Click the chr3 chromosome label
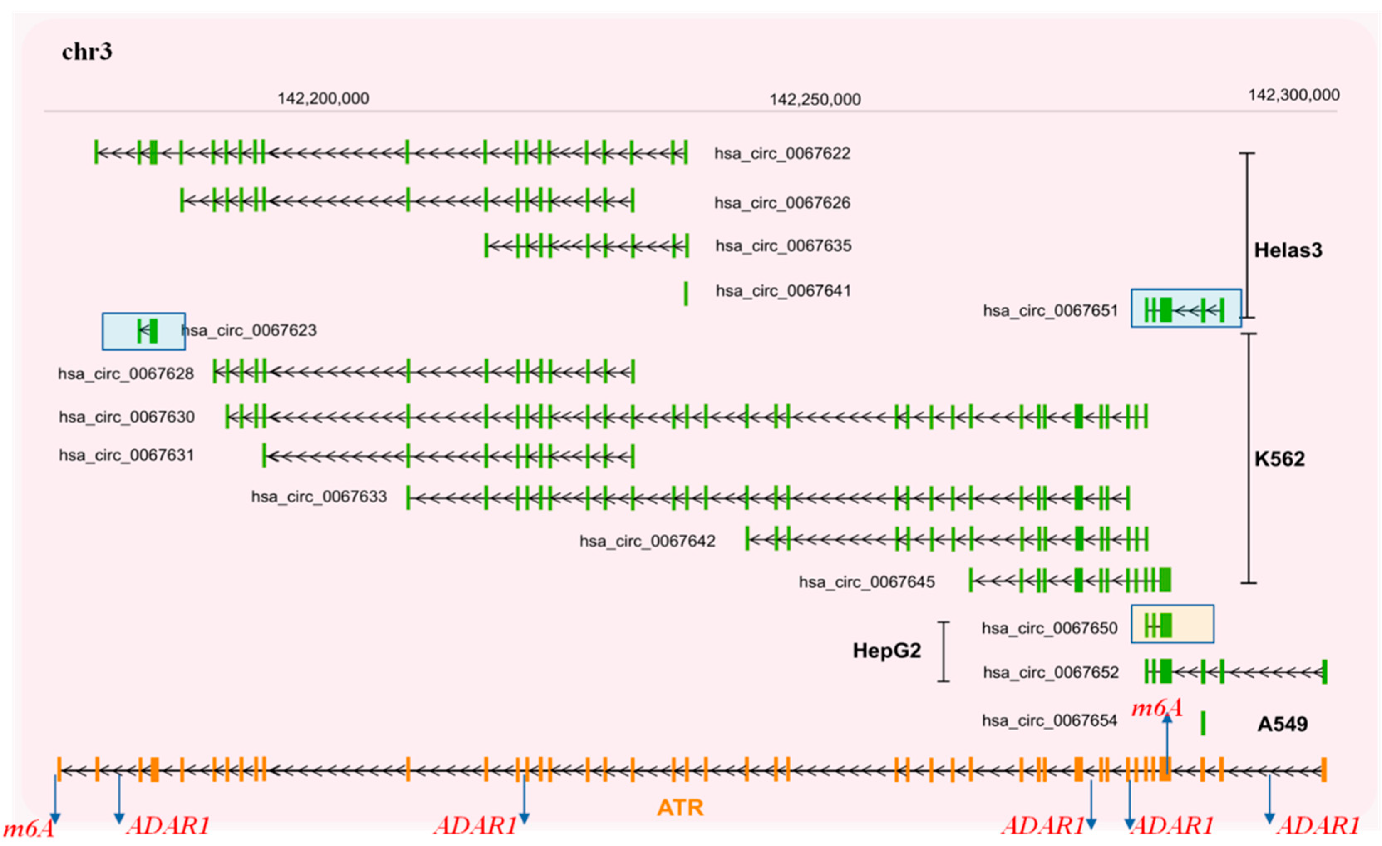pos(87,52)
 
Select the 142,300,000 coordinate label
pos(1293,95)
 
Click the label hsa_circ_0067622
pos(782,153)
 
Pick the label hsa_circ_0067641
pos(783,291)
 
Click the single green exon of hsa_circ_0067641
pos(685,293)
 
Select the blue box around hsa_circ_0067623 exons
pos(143,331)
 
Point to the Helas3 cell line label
pos(1288,250)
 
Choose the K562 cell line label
pos(1279,459)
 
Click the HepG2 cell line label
pos(886,650)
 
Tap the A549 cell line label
pos(1282,724)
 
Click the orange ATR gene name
pos(680,807)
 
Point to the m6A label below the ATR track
pos(28,829)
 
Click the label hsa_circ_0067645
pos(867,582)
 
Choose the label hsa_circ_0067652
pos(1050,672)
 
